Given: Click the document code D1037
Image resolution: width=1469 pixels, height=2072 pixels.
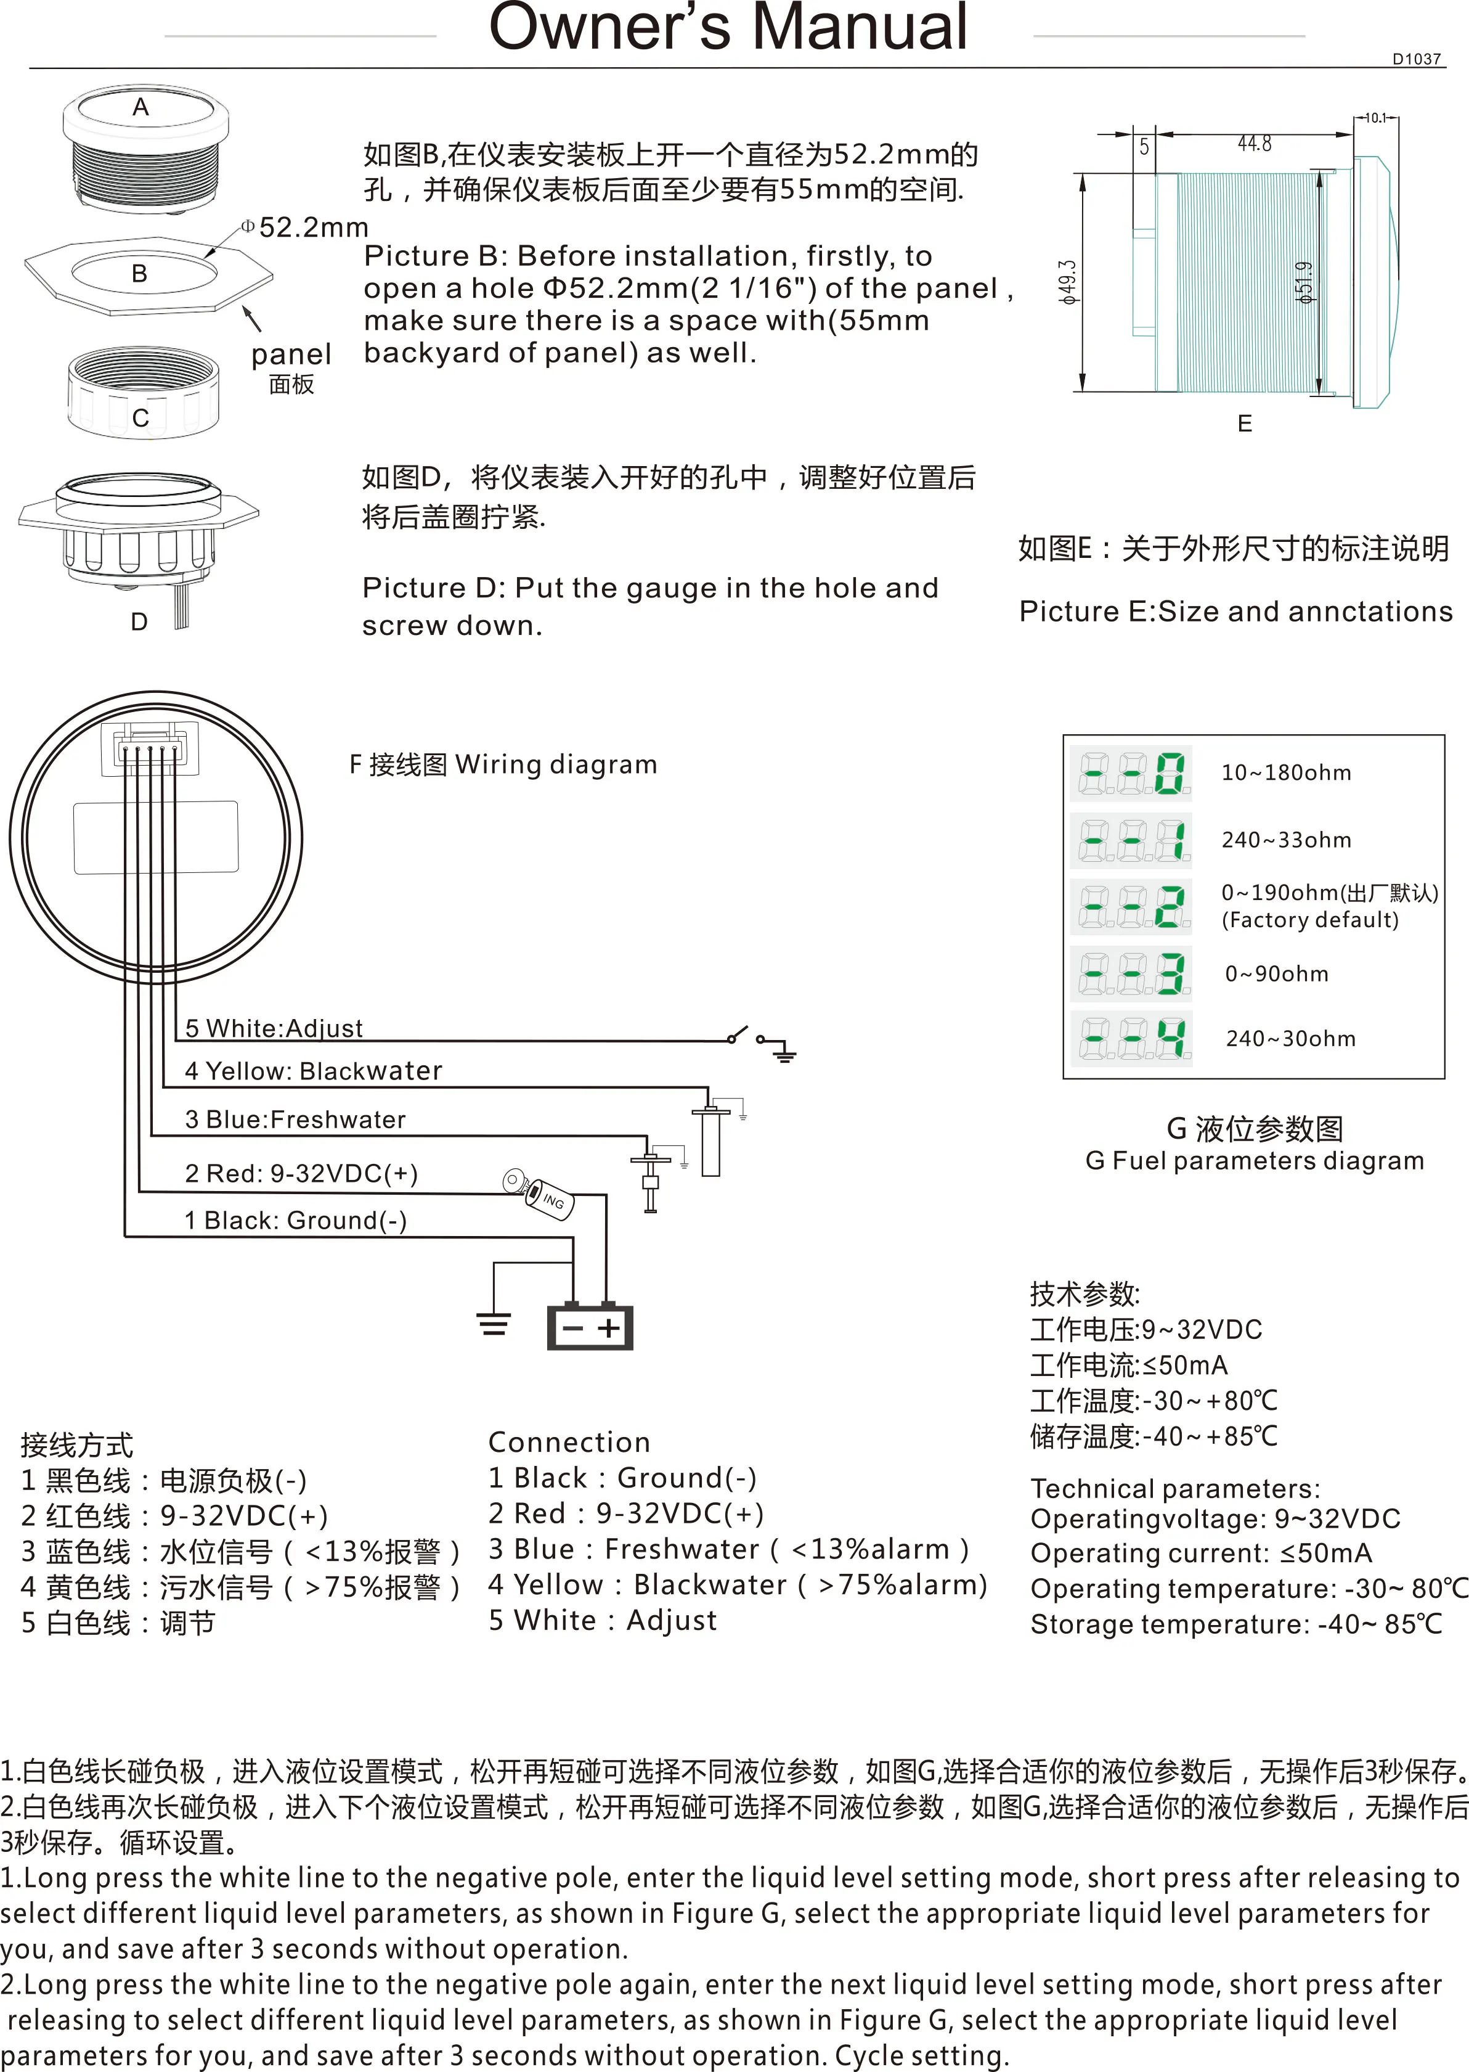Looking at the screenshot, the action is (x=1417, y=59).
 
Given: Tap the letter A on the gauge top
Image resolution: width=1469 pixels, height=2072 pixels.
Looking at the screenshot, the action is (x=140, y=107).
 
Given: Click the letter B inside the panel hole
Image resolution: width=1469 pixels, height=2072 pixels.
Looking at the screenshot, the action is (x=139, y=273).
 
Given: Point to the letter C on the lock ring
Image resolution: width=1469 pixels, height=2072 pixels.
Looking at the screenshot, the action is (x=140, y=418).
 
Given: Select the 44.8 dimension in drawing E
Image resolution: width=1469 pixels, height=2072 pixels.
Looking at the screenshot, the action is (x=1255, y=143).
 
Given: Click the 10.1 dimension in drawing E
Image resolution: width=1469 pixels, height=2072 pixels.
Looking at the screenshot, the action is (x=1375, y=118).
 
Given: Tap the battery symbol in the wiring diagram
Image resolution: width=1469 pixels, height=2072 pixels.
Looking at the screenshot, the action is (x=590, y=1327).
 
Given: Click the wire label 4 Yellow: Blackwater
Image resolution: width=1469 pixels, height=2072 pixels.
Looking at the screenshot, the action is (x=313, y=1070).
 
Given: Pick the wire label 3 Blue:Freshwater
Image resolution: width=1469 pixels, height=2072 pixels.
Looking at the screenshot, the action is (x=295, y=1120).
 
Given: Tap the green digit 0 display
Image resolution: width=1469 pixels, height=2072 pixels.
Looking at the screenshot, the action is (x=1171, y=774).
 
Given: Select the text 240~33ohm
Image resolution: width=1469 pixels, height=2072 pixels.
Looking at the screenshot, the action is (x=1286, y=840).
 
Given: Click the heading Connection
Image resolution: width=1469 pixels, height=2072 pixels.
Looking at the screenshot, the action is (x=569, y=1441).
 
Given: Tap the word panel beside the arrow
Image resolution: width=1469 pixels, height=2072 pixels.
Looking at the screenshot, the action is (x=291, y=354).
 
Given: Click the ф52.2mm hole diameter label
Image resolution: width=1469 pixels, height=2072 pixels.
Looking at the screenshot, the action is (x=305, y=227).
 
